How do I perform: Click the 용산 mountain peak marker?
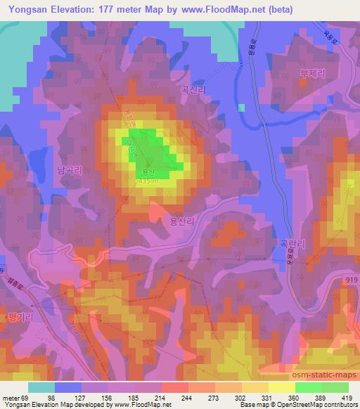[148, 165]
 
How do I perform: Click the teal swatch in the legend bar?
[41, 387]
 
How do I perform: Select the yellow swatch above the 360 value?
[281, 387]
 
